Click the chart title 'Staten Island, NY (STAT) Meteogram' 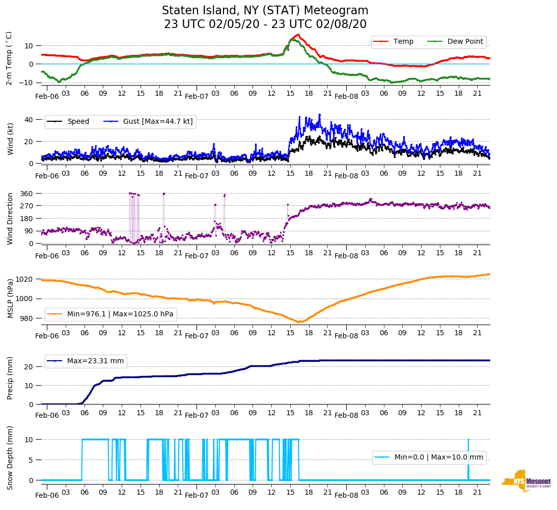[265, 11]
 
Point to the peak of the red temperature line [298, 35]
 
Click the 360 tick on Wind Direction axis [26, 194]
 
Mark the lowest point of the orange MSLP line [299, 322]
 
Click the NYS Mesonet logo [526, 480]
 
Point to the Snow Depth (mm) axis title [10, 458]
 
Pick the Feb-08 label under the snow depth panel [347, 495]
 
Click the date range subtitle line [265, 24]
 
